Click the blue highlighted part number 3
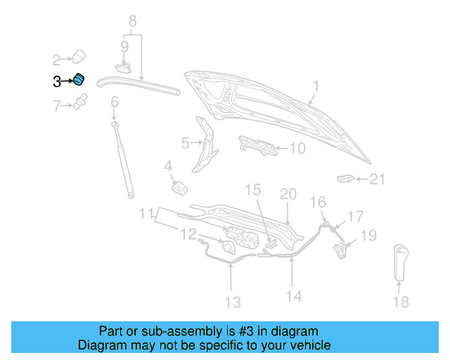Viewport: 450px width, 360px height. [79, 80]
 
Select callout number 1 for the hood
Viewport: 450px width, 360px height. [316, 86]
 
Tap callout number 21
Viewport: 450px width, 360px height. [378, 180]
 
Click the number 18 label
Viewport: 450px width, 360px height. [400, 302]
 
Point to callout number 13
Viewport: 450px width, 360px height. [232, 302]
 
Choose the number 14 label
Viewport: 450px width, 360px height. [294, 296]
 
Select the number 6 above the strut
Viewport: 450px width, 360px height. [114, 102]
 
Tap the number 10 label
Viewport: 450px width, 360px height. [297, 148]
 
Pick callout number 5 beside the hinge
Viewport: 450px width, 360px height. [185, 143]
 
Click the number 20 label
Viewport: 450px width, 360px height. [288, 193]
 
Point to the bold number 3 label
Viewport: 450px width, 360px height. [57, 82]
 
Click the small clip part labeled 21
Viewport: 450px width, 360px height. [345, 179]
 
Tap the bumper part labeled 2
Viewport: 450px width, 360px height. [79, 56]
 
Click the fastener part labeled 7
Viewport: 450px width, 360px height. [79, 106]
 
